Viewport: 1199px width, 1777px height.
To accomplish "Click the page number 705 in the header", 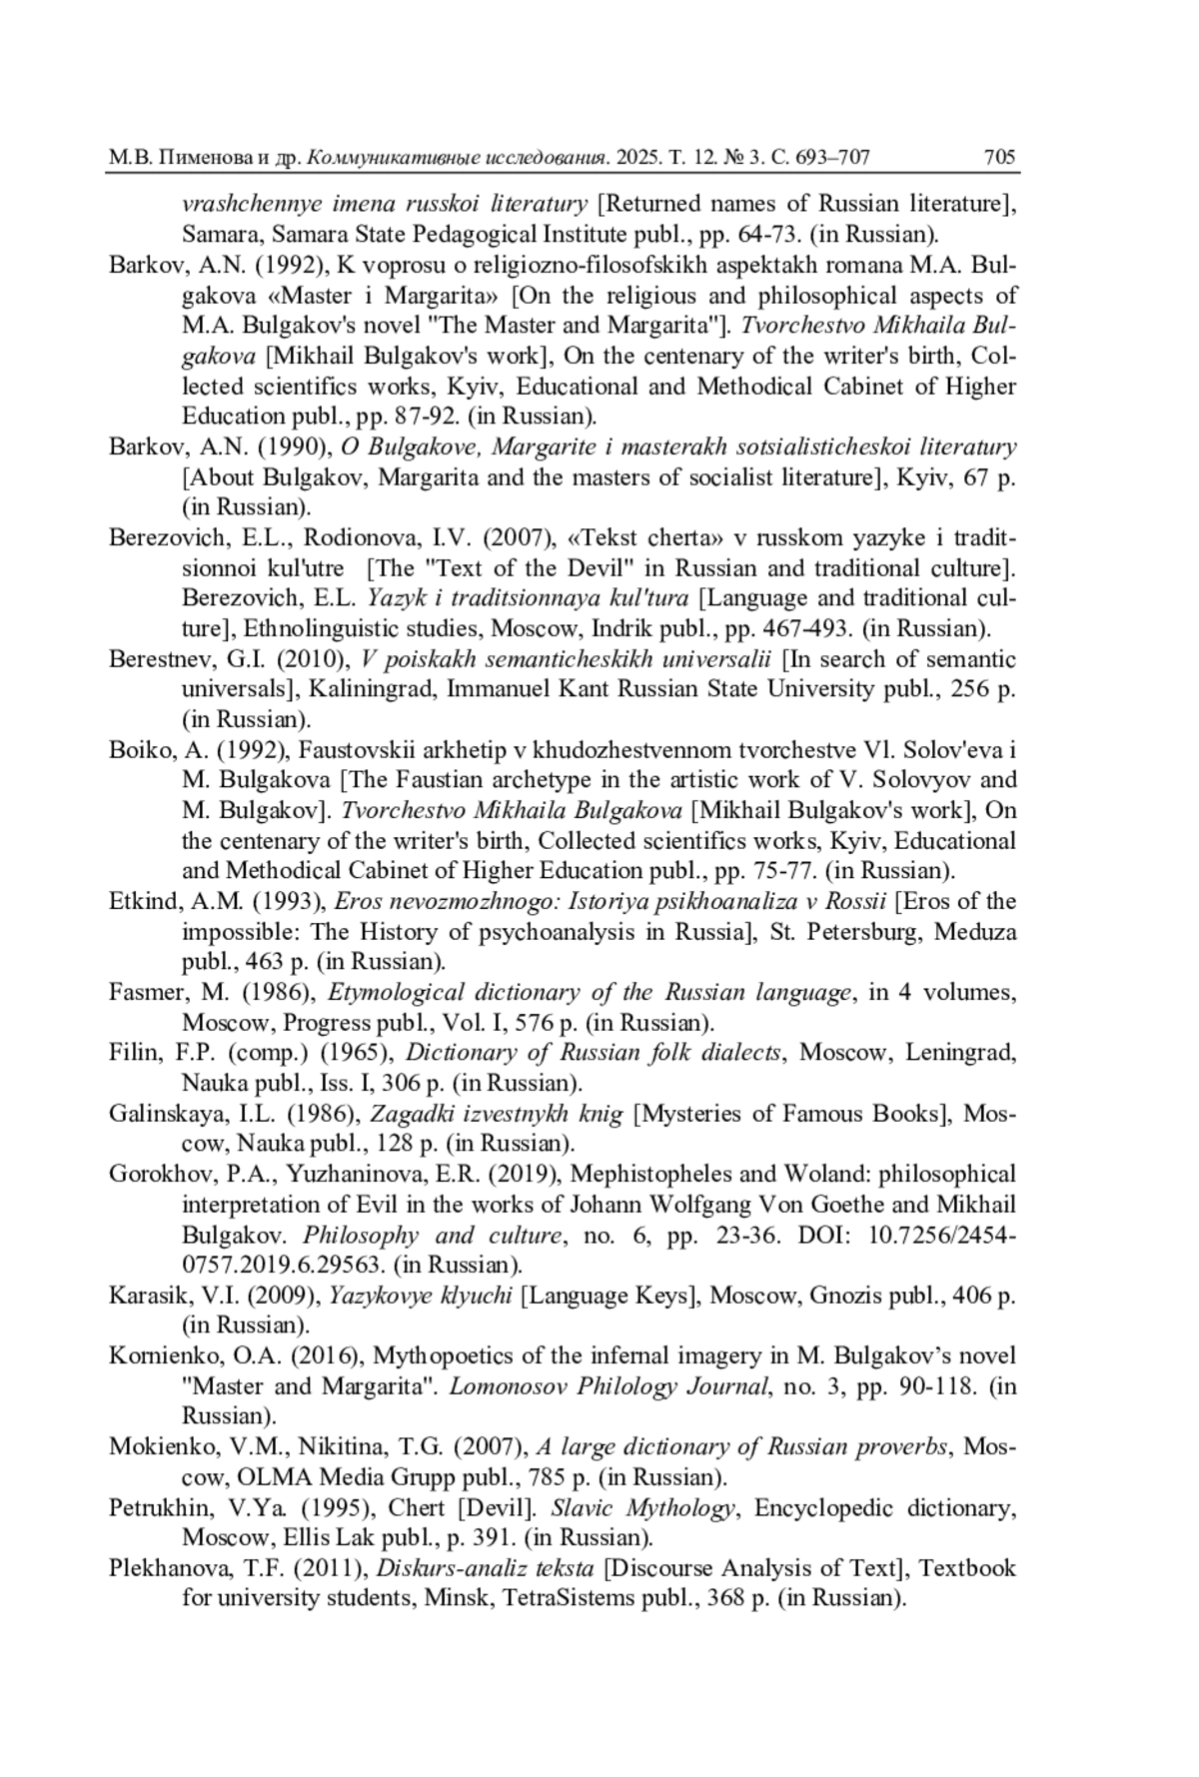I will (x=999, y=157).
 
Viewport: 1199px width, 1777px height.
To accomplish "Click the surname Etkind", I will (x=144, y=902).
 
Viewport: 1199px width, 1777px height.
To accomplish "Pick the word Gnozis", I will (x=845, y=1296).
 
